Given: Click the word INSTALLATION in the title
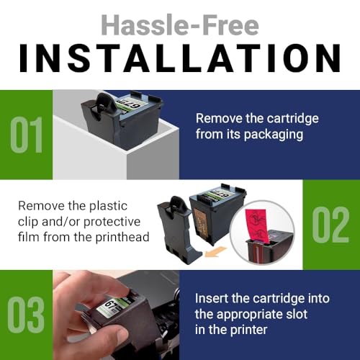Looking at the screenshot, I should point(179,59).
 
